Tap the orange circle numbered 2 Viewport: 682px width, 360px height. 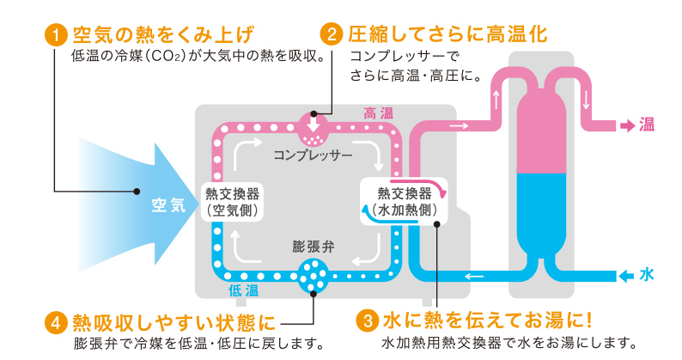pyautogui.click(x=331, y=35)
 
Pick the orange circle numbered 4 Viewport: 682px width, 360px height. pyautogui.click(x=55, y=323)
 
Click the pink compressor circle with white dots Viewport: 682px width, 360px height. pyautogui.click(x=311, y=130)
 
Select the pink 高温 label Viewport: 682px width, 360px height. pyautogui.click(x=378, y=113)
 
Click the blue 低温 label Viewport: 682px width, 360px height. pyautogui.click(x=243, y=292)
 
